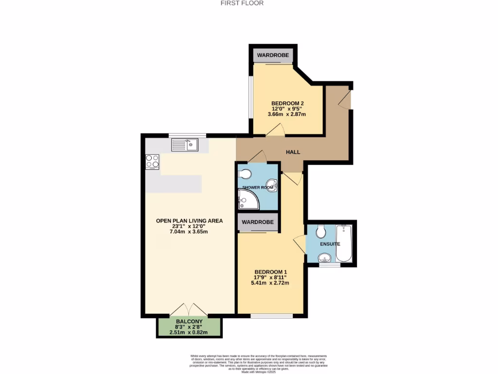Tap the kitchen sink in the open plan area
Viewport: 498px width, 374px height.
tap(185, 145)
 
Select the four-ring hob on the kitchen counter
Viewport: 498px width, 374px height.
tap(152, 161)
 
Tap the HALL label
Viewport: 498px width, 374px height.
tap(293, 152)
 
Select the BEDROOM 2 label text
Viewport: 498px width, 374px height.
tap(287, 103)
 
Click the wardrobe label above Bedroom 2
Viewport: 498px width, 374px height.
tap(273, 56)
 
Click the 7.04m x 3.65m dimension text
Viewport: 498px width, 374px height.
tap(189, 232)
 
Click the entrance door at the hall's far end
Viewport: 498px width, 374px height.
tap(345, 99)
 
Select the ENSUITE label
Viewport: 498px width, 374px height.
tap(330, 243)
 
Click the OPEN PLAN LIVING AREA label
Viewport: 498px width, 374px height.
tap(189, 221)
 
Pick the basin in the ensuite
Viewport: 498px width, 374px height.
tap(325, 257)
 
